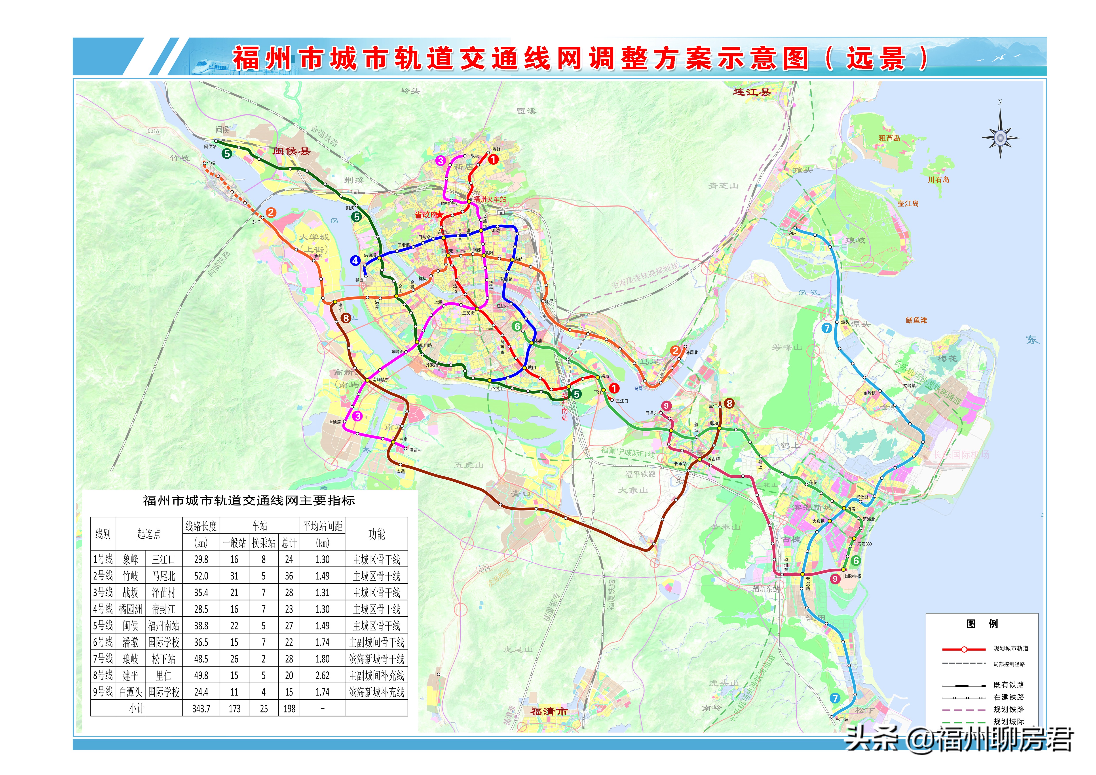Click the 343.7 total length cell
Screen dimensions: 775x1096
(x=201, y=709)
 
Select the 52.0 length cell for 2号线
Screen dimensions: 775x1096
(x=201, y=576)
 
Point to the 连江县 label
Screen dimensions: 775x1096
(x=752, y=92)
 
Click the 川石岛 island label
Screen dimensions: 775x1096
(x=938, y=180)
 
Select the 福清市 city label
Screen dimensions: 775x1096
(x=549, y=711)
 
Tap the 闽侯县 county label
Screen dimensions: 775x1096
(x=291, y=151)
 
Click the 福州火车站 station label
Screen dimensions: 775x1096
(x=490, y=199)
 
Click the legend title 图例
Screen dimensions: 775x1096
(x=982, y=624)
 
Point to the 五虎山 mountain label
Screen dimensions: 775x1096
(x=469, y=465)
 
